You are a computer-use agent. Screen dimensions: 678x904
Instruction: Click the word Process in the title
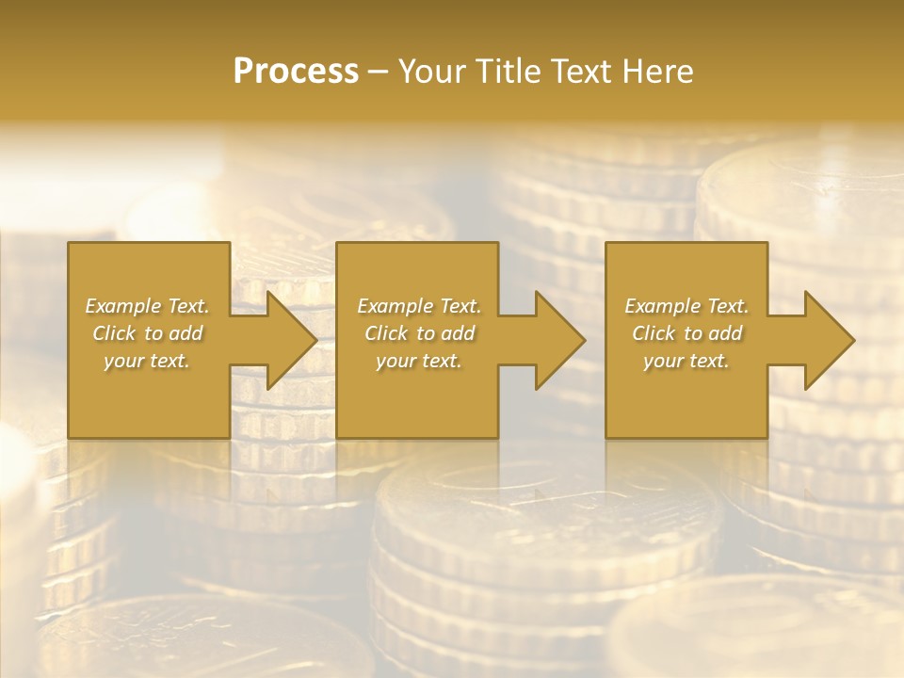(296, 72)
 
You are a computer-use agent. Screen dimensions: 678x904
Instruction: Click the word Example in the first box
(122, 306)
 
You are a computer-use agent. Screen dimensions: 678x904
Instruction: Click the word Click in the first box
(114, 333)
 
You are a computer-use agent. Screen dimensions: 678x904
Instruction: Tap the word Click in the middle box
(386, 333)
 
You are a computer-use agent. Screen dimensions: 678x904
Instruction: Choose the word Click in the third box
(654, 333)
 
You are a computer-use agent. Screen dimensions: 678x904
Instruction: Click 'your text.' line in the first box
(147, 361)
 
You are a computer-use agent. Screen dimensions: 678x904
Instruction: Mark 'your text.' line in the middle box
(419, 361)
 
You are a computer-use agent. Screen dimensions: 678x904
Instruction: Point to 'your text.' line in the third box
(686, 361)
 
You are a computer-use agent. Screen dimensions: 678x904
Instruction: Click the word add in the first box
(186, 333)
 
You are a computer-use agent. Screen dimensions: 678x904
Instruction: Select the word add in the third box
(725, 333)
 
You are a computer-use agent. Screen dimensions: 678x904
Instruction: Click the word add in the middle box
(458, 333)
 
